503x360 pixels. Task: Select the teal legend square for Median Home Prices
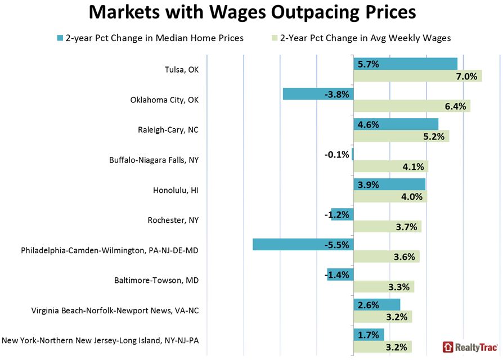tap(60, 38)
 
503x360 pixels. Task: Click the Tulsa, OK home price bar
tap(405, 64)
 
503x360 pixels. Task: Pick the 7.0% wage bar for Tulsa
tap(417, 76)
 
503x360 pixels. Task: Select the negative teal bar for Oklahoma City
tap(318, 94)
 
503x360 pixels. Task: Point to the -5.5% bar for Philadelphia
tap(303, 245)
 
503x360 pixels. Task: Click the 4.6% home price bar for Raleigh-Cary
tap(396, 124)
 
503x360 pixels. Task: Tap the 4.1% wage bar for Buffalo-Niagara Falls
tap(390, 166)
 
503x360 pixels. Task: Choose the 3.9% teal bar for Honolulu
tap(389, 184)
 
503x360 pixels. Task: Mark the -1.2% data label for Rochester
tap(339, 214)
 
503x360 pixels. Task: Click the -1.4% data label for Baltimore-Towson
tap(338, 275)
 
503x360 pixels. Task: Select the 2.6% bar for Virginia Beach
tap(376, 305)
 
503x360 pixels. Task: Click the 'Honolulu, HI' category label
tap(176, 190)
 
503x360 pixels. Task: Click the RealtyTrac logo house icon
tap(448, 347)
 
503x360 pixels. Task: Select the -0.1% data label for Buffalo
tap(338, 154)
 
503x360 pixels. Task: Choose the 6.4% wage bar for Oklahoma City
tap(412, 106)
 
